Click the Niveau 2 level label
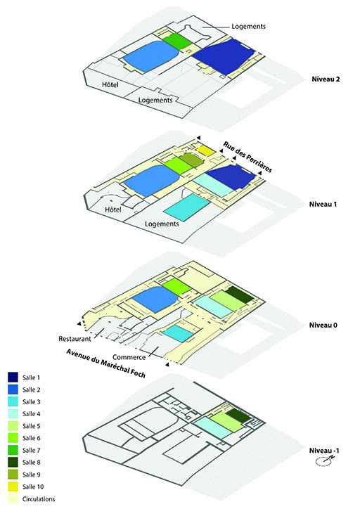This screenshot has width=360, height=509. point(326,79)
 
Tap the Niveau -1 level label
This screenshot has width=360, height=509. point(324,451)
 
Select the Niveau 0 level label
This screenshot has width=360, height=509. point(323,325)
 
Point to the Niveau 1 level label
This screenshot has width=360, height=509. point(323,204)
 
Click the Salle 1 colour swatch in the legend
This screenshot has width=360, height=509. point(13,378)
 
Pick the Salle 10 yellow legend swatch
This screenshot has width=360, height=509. point(13,487)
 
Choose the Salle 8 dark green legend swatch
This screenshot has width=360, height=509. point(13,462)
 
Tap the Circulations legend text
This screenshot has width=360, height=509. point(39,499)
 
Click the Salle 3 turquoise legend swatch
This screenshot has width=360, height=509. point(13,401)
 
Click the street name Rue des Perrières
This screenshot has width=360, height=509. point(247,157)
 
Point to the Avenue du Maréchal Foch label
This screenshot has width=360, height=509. point(106,363)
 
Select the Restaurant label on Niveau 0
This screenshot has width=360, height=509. point(75,339)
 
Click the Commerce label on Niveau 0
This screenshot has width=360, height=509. point(129,357)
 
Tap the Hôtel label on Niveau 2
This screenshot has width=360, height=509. point(110,85)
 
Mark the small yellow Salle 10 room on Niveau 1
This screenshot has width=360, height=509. point(206,150)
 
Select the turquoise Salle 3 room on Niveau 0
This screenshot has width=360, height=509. point(177,333)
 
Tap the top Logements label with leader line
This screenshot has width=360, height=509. point(248,27)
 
